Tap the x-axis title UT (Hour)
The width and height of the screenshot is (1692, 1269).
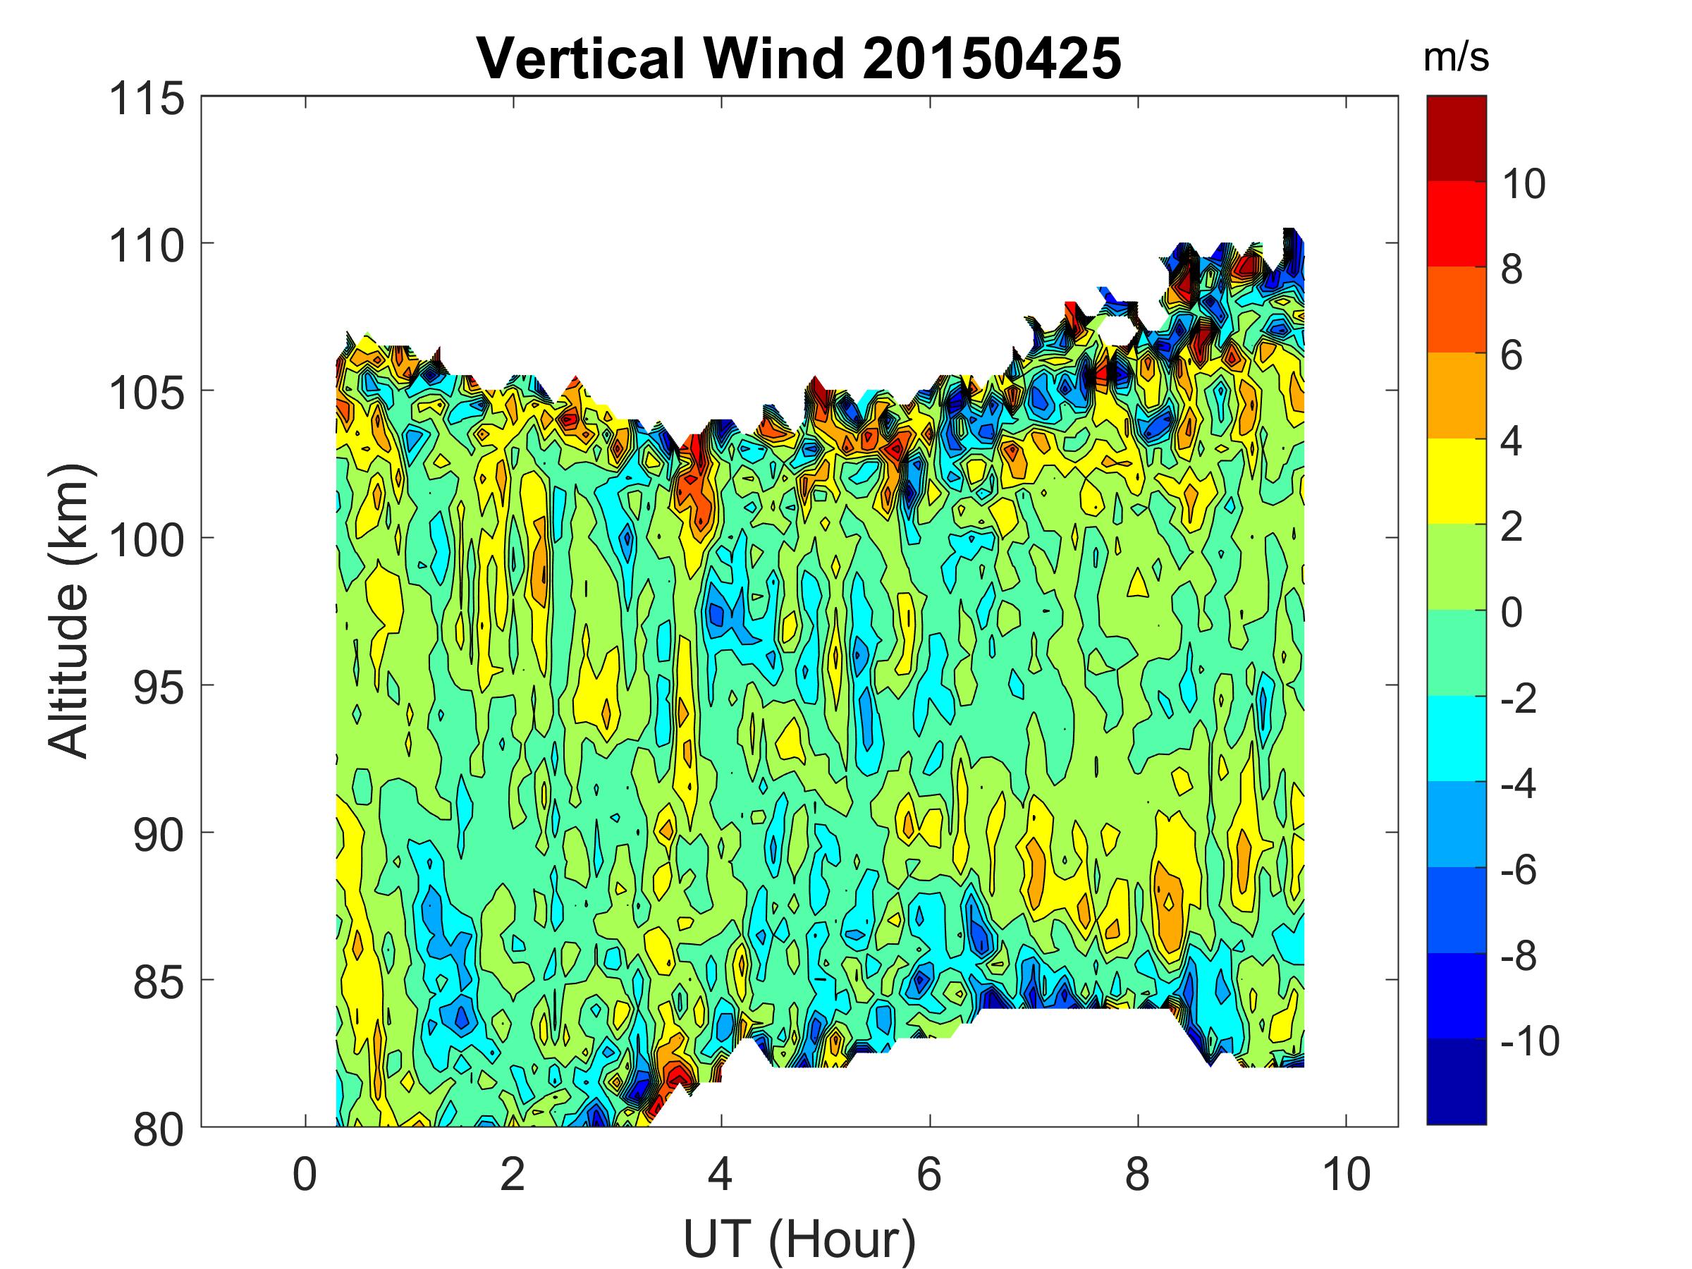pos(799,1239)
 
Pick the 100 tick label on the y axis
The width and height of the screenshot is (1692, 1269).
pos(147,540)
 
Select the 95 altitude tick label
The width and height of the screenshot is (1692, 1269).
pos(159,687)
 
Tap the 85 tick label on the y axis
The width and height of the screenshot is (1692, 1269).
pos(159,982)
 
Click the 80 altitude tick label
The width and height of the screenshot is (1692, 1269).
pos(159,1129)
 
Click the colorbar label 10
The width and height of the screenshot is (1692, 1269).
pos(1523,183)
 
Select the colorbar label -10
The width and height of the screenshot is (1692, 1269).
pos(1529,1041)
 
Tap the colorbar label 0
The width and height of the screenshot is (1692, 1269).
pos(1512,612)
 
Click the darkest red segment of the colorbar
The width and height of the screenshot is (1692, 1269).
pos(1456,138)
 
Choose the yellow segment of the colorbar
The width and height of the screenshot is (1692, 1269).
pos(1456,480)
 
